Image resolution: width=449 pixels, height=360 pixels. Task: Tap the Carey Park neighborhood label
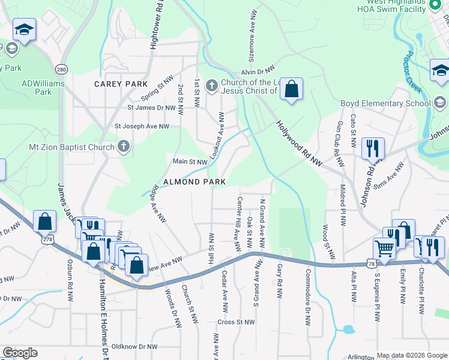click(119, 84)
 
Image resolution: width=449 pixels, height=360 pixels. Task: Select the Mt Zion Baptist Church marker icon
click(124, 147)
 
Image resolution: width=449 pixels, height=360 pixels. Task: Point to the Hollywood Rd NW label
click(300, 143)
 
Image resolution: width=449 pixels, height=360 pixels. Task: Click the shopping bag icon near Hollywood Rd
click(291, 89)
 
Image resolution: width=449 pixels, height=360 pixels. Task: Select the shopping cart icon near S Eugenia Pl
click(384, 247)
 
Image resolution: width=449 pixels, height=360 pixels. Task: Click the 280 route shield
click(61, 68)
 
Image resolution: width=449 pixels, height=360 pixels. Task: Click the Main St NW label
click(190, 161)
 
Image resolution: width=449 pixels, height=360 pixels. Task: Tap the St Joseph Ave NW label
click(142, 127)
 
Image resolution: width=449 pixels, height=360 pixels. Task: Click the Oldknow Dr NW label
click(134, 347)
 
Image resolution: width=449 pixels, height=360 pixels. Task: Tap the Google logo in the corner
click(20, 353)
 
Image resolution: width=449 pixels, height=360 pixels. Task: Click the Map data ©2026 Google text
click(412, 355)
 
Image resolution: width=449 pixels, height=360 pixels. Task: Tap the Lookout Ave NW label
click(217, 136)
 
